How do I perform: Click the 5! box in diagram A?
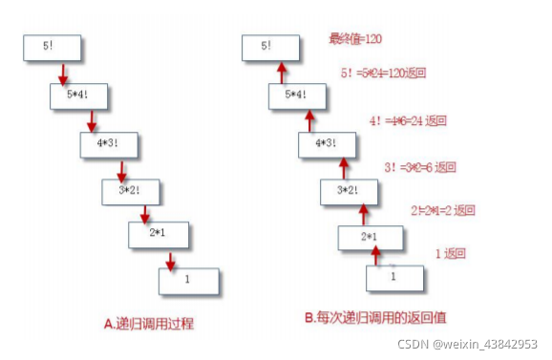coord(50,49)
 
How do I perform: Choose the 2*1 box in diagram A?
coord(158,234)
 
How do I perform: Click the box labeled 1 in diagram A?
coord(188,280)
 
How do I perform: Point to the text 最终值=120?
coord(356,39)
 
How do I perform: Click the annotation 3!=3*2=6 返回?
coord(415,167)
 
